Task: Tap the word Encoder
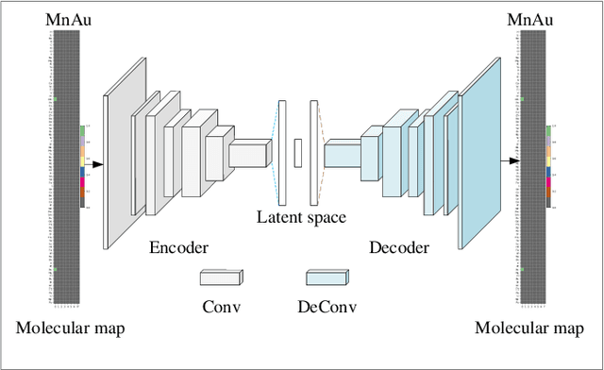(178, 248)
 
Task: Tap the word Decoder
(398, 248)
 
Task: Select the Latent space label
(301, 217)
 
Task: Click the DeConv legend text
(326, 306)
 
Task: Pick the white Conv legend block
(221, 277)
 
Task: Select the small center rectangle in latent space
(297, 152)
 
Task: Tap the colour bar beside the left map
(82, 165)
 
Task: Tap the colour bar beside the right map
(549, 165)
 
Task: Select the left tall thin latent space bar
(281, 150)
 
